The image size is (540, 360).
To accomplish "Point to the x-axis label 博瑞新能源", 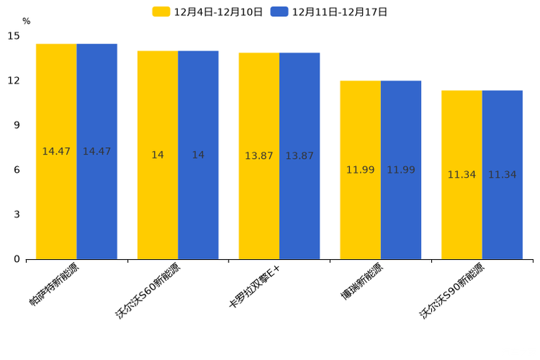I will tap(361, 282).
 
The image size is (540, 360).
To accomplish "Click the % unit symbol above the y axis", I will tap(26, 21).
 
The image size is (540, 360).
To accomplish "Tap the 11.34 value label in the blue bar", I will tap(502, 175).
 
